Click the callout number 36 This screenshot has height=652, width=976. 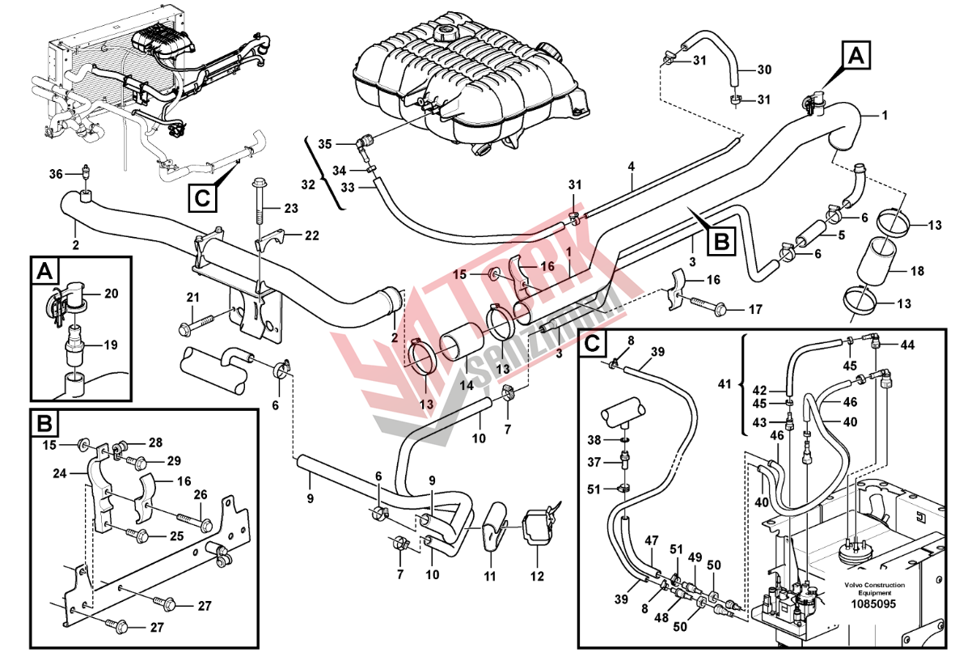(x=55, y=174)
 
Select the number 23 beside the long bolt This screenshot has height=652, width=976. (x=290, y=209)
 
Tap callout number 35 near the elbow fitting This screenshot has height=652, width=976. (x=324, y=145)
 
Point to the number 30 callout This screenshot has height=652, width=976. (x=764, y=70)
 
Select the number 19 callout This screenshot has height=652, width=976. (x=111, y=345)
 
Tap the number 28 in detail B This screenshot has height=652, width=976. (x=155, y=442)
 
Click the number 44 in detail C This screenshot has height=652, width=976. (x=907, y=345)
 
